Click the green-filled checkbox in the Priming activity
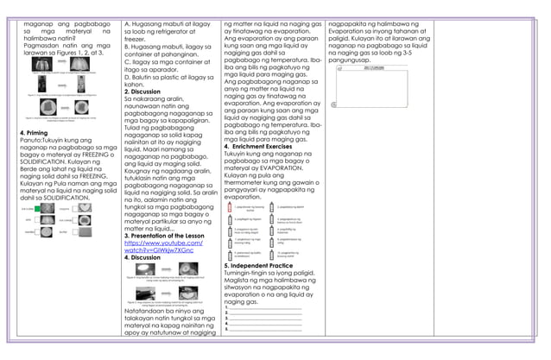pos(31,209)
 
